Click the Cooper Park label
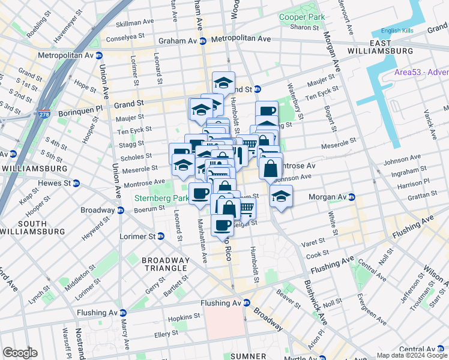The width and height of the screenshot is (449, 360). pos(301,17)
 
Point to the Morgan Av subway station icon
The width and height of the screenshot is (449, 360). pos(352,197)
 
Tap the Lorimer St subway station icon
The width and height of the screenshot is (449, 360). pos(161,236)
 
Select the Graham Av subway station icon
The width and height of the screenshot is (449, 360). pos(203,41)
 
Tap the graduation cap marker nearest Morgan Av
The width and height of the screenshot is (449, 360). pos(281,196)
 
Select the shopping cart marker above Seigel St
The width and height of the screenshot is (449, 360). pos(246,208)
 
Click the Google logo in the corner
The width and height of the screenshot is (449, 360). pos(20,353)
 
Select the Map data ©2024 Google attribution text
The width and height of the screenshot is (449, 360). pos(412,355)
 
